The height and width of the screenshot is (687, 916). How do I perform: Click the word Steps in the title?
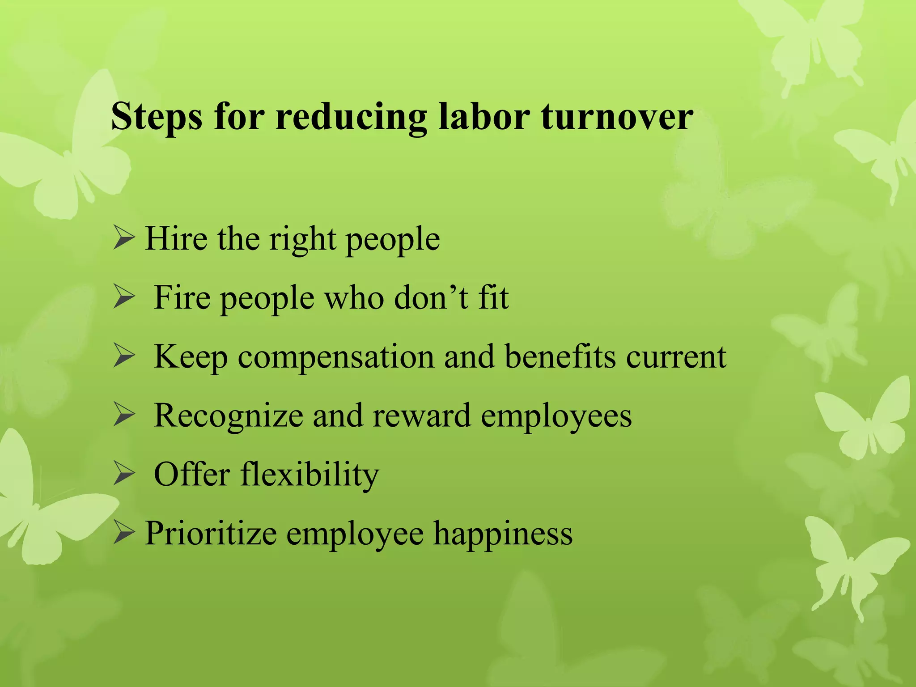tap(156, 117)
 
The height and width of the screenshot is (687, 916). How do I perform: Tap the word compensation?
tap(336, 357)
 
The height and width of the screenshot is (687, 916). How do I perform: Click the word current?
tap(676, 357)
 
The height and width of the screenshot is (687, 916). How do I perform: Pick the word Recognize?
tap(228, 416)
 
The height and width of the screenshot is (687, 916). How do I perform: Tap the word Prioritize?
tap(210, 534)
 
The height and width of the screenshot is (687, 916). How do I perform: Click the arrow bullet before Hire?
tap(124, 238)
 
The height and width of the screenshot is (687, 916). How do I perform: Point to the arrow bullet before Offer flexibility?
tap(124, 475)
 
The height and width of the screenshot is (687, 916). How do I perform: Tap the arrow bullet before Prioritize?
tap(124, 533)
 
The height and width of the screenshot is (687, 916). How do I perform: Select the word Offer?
tap(192, 475)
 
